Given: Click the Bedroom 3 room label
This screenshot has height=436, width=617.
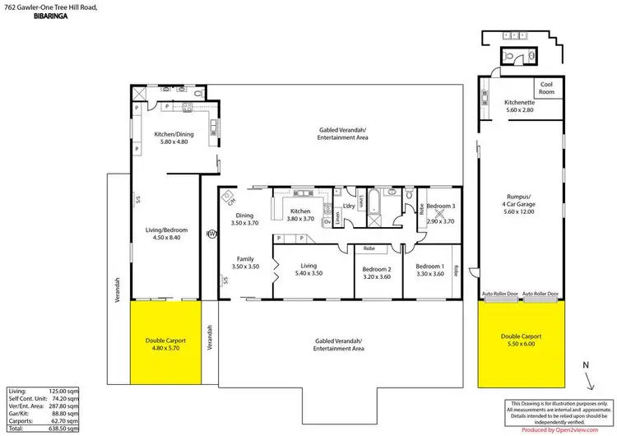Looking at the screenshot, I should coord(441,206).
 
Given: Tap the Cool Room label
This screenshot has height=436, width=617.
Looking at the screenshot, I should coord(546,88).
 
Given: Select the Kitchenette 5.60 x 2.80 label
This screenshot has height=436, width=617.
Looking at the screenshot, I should coord(519,106).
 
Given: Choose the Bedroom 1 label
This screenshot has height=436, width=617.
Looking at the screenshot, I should coord(430,271).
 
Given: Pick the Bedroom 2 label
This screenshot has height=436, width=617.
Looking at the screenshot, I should coord(377,271).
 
